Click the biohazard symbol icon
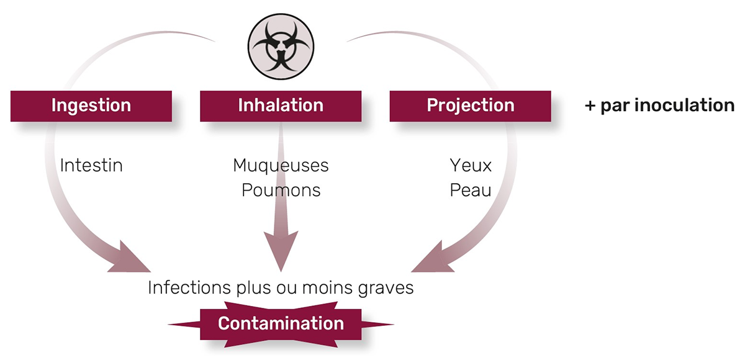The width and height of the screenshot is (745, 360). pos(281,46)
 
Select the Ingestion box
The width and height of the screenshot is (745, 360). pos(91,106)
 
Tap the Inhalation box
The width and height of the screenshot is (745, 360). pos(281,106)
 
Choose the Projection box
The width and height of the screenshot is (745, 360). pos(470,106)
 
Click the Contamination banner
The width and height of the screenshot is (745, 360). pos(281,323)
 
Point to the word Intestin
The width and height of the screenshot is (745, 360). pos(91,166)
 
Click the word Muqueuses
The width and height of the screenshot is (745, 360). pos(281,166)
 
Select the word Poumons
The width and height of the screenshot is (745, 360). pos(281,190)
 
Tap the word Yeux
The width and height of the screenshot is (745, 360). pos(470,166)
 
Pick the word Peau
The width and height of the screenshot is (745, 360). pos(470,190)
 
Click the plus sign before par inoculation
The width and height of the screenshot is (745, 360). pos(590,106)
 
